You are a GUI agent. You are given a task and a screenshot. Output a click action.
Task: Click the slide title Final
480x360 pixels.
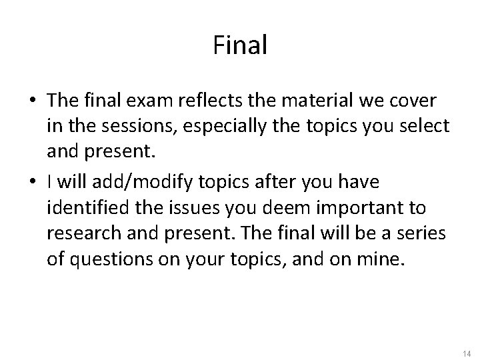click(240, 45)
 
